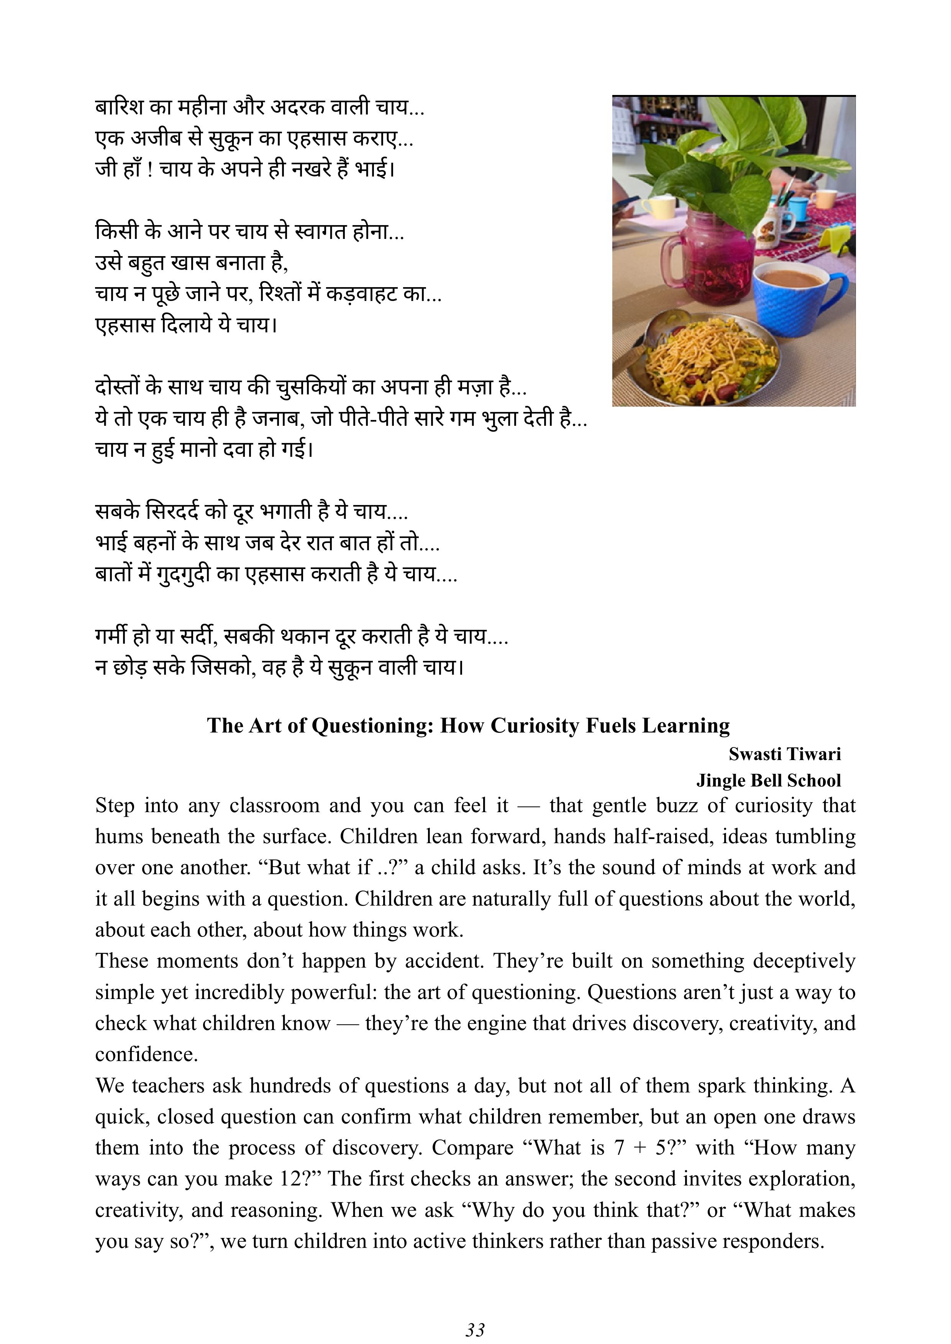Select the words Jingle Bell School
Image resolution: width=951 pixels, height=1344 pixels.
point(768,780)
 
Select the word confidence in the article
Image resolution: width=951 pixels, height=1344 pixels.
point(146,1054)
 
